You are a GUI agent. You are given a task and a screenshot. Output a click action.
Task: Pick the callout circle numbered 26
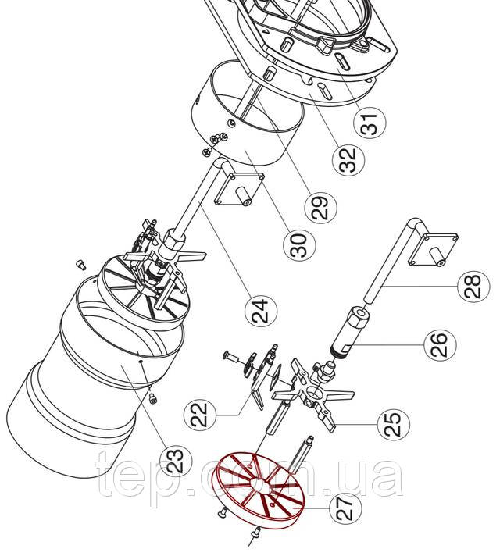pos(435,344)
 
